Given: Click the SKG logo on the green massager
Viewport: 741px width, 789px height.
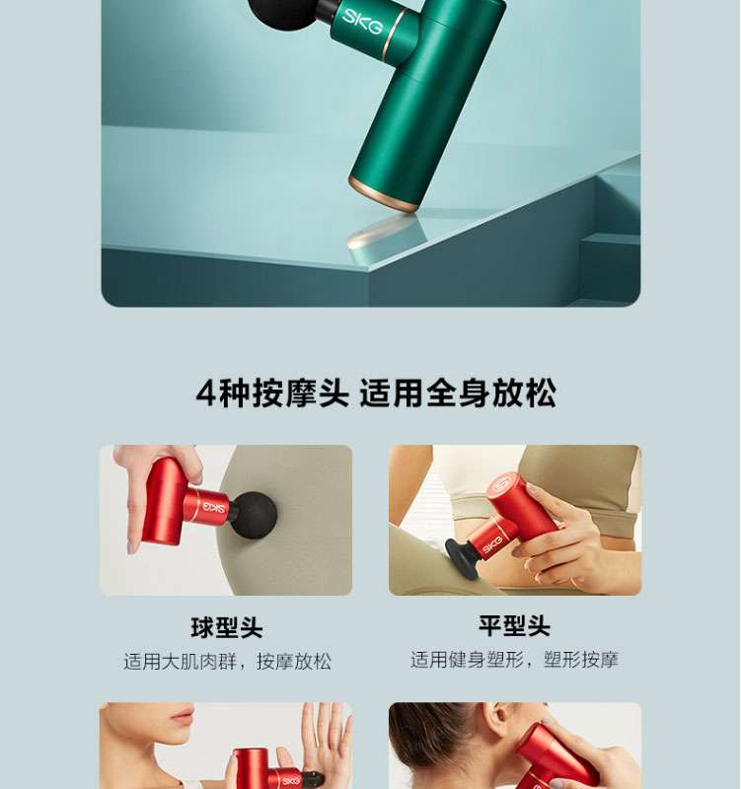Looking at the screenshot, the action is click(x=362, y=21).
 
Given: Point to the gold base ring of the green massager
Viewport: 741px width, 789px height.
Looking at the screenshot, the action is click(x=384, y=193).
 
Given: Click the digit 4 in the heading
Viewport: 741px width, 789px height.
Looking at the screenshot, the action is click(x=206, y=393).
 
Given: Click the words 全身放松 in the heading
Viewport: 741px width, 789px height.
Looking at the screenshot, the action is click(x=491, y=393).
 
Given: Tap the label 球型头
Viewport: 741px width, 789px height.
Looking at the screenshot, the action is click(x=227, y=627).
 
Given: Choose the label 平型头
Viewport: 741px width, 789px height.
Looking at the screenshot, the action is click(x=514, y=626).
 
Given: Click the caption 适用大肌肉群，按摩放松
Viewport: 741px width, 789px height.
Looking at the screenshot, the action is click(x=227, y=661).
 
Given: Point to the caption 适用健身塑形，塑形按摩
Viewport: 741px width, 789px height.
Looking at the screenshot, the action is click(x=514, y=660).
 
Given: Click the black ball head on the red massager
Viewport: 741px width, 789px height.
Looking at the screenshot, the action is click(x=254, y=516).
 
